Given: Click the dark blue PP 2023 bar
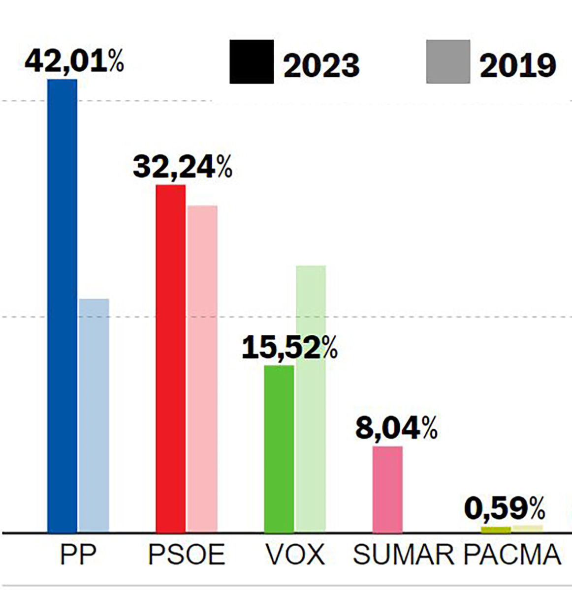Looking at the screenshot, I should [x=62, y=305].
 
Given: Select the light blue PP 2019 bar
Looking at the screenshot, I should [x=94, y=415].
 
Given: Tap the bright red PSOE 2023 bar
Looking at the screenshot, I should [x=170, y=359].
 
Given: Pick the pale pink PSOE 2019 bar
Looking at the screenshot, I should [x=202, y=369].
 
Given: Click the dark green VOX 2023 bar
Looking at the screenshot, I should [x=279, y=448].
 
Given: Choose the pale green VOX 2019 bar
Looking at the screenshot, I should [x=310, y=398].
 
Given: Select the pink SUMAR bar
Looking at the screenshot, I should [x=387, y=489].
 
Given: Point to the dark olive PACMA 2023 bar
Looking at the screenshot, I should [x=496, y=530].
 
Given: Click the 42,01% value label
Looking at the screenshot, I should [x=74, y=61].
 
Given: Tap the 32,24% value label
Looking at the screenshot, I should [x=182, y=167].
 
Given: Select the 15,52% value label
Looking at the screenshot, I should [x=289, y=348].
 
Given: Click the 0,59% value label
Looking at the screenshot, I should [x=505, y=509].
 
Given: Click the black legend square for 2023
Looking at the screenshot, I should [x=251, y=62].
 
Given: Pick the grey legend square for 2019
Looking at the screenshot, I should [x=448, y=62].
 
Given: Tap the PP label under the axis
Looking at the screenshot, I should [x=78, y=555].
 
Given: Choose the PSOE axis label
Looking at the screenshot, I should [x=186, y=555].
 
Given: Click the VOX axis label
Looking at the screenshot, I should [x=295, y=555].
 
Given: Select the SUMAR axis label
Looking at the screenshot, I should [x=404, y=555].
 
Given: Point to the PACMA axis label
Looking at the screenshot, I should [x=512, y=555].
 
